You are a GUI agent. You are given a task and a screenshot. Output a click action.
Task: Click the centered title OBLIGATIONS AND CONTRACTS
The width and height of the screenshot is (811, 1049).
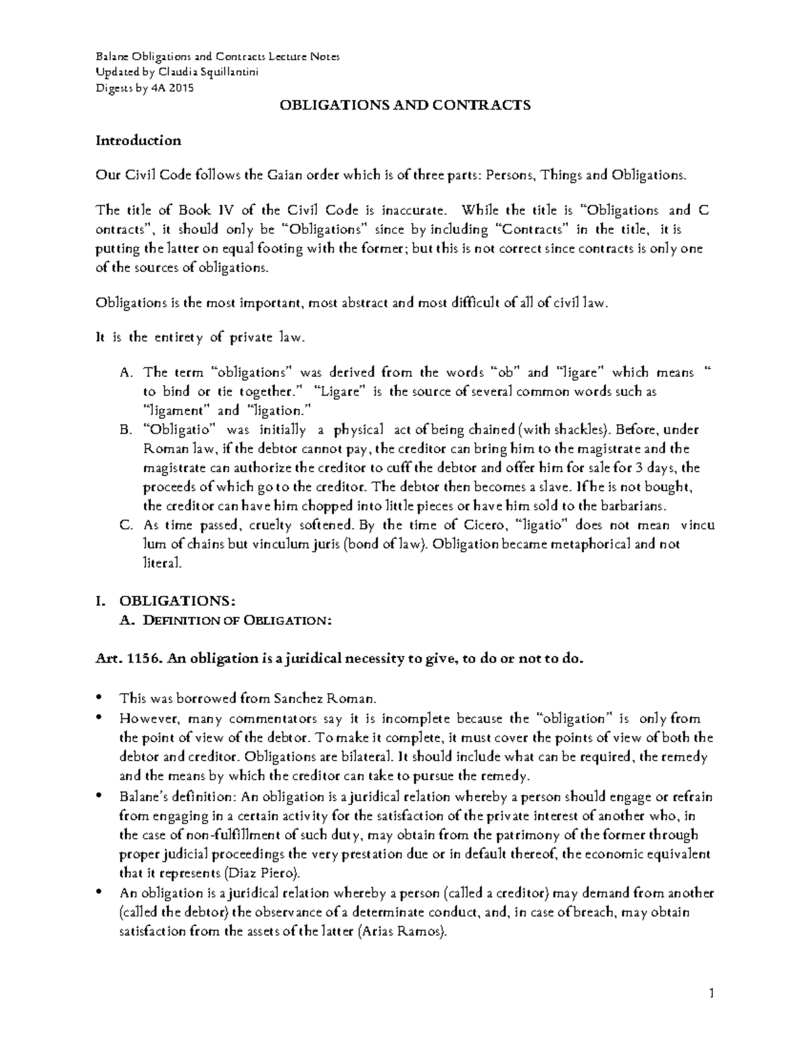pyautogui.click(x=405, y=105)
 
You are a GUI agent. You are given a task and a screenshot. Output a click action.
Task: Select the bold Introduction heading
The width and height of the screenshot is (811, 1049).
pyautogui.click(x=138, y=140)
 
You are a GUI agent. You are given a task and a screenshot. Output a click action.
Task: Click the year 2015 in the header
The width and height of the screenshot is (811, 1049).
pyautogui.click(x=182, y=88)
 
